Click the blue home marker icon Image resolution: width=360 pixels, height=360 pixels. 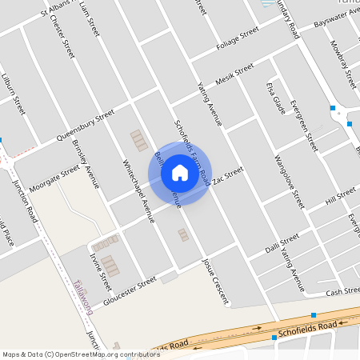[180, 172]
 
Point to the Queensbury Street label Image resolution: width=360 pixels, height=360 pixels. [81, 126]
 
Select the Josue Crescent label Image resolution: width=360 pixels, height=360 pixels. [215, 282]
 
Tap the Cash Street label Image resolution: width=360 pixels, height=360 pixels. [345, 291]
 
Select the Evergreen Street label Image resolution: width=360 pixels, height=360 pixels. [304, 126]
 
